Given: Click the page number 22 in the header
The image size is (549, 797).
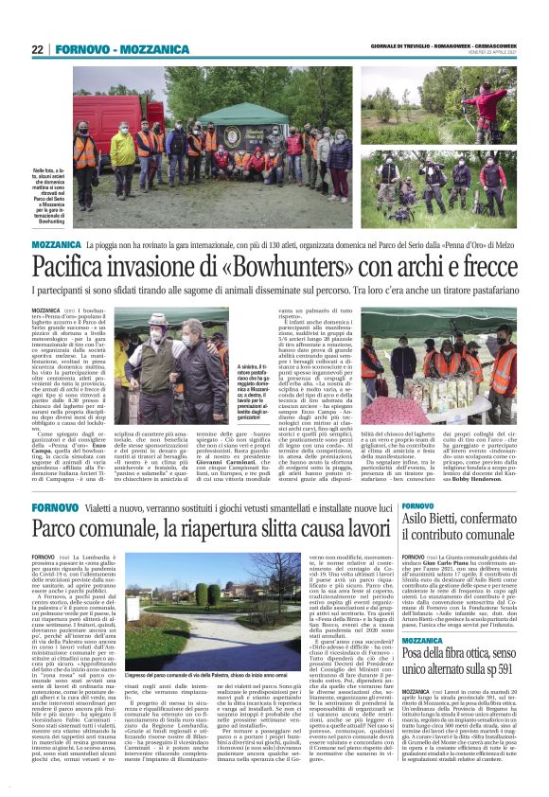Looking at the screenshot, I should click(37, 49).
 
